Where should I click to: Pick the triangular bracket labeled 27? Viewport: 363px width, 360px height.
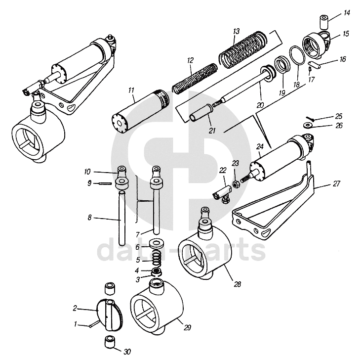click(277, 208)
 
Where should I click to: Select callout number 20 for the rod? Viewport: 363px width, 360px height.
click(260, 104)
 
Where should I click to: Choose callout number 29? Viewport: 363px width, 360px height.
click(187, 328)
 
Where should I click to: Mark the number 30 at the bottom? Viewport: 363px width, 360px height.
click(127, 352)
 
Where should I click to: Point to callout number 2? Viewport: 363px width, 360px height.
click(75, 308)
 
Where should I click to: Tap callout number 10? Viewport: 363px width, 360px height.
click(87, 172)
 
